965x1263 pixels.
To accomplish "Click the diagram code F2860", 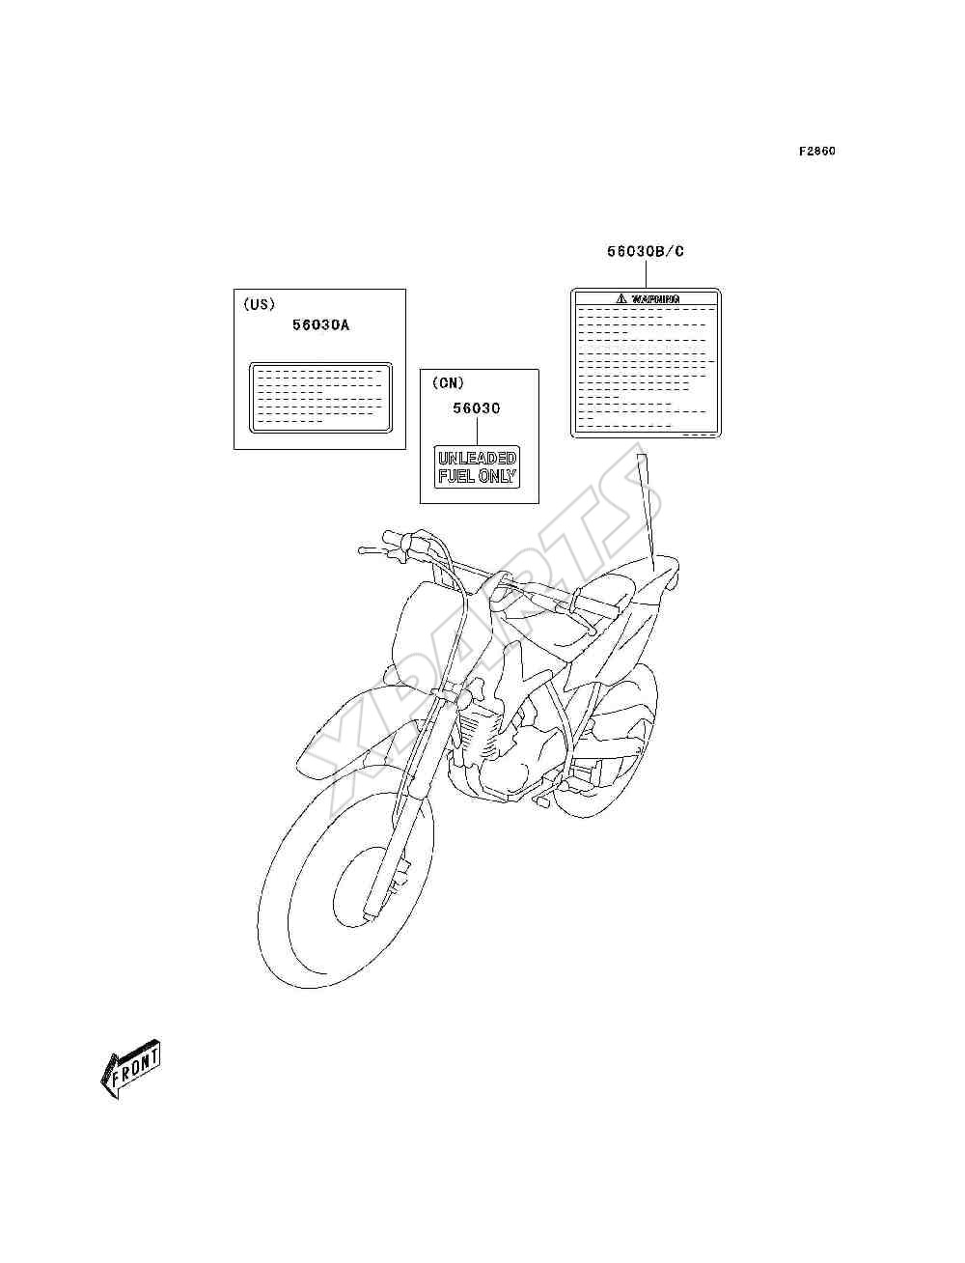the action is click(x=816, y=152).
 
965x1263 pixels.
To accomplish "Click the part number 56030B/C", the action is click(x=646, y=251).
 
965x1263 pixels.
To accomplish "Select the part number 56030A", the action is click(x=320, y=325).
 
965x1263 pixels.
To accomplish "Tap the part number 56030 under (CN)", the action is click(x=476, y=407).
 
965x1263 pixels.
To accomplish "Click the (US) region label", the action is click(x=259, y=304).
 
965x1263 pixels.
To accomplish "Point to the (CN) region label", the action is click(x=448, y=382).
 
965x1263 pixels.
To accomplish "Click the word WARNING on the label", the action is click(x=655, y=298).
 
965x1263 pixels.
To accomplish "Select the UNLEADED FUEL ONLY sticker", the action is click(x=477, y=467).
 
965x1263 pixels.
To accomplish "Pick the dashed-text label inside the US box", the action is click(x=320, y=397).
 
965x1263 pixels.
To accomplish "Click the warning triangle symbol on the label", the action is click(x=620, y=298).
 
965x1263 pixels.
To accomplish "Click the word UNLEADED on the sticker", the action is click(x=477, y=459).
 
